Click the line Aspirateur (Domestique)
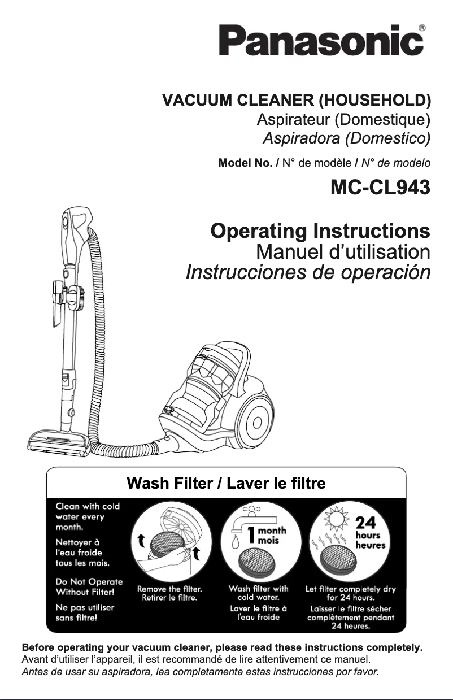pos(343,120)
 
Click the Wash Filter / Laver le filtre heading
pos(226,484)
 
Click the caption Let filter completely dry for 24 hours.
pos(350,593)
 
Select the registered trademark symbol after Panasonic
pos(422,28)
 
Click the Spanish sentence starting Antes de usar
pos(199,672)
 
